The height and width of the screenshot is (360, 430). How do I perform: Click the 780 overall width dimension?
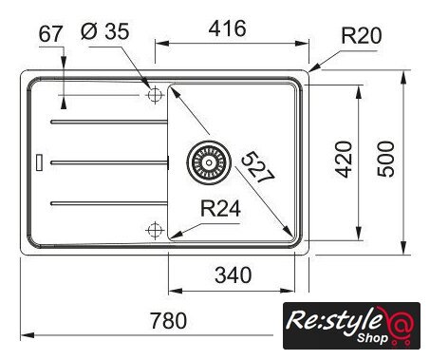168,320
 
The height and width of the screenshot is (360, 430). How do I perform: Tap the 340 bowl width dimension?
234,275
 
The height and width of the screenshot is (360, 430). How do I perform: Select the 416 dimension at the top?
227,28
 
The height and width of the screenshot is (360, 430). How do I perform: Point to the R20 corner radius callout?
362,35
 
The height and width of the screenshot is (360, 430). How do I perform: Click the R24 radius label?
220,209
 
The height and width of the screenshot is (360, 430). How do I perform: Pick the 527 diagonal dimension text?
258,167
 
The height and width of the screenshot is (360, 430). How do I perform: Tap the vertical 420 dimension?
344,160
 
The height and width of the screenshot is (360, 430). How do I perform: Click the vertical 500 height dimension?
386,160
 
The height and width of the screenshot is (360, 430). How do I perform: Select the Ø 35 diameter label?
105,31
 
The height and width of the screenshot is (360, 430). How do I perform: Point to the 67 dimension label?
50,34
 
